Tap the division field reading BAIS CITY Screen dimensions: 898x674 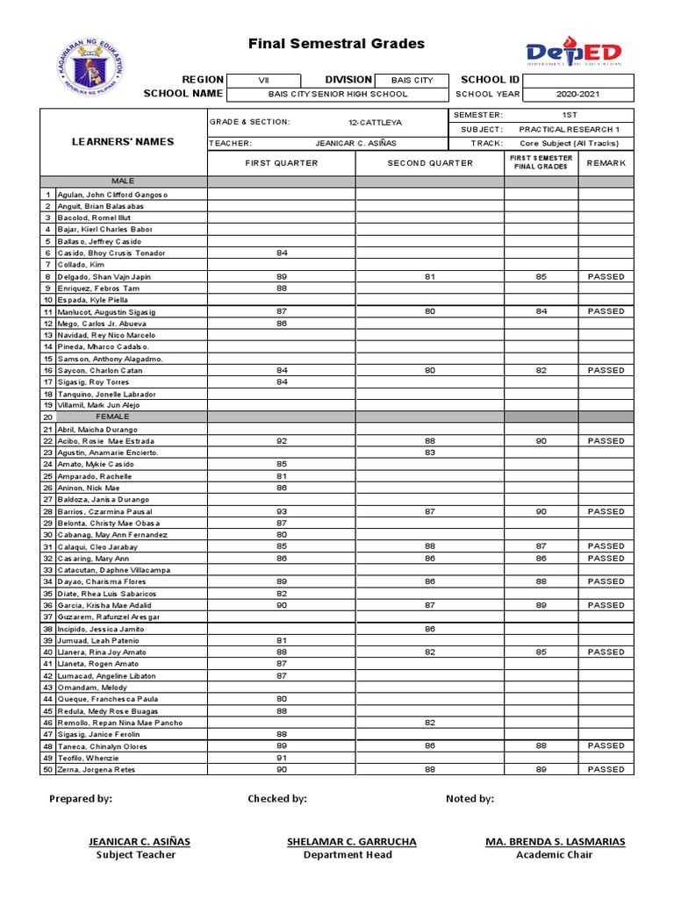(x=412, y=80)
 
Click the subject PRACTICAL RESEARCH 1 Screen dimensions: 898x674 (x=576, y=130)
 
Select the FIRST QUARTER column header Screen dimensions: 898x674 (x=282, y=163)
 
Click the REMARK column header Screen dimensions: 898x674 (x=606, y=163)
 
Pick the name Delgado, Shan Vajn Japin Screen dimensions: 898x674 (x=104, y=276)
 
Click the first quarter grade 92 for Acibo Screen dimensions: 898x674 (x=282, y=441)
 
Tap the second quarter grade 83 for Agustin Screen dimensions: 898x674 (x=430, y=453)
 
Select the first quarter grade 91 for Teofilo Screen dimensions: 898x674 (x=282, y=758)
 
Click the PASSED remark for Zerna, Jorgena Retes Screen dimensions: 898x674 (x=606, y=769)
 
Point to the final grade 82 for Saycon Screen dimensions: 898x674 (x=541, y=370)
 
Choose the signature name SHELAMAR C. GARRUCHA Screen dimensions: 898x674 (x=351, y=842)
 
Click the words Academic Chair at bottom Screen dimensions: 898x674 (x=555, y=855)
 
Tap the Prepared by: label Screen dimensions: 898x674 (x=81, y=799)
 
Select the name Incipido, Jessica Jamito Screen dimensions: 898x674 (x=100, y=629)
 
